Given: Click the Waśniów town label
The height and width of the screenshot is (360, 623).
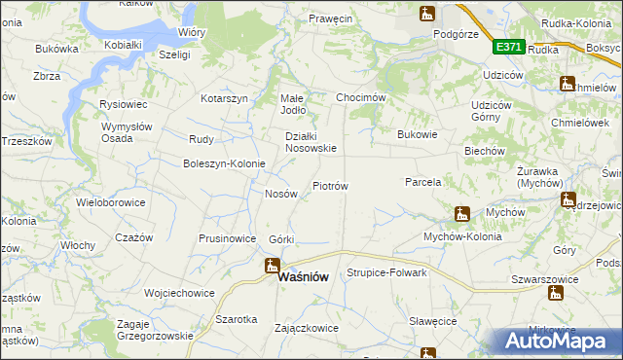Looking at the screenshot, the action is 303,276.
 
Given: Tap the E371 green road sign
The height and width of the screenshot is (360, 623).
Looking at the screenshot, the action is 509,46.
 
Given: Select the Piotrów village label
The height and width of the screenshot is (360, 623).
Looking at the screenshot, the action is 330,185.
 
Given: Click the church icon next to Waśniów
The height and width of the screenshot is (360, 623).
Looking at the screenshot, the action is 272,266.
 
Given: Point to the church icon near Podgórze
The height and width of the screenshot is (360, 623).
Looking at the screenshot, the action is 426,14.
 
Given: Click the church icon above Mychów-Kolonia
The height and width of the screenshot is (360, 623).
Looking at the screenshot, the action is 462,214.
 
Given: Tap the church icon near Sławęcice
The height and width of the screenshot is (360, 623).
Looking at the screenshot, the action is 427,353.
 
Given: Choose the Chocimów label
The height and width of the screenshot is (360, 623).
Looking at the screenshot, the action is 361,98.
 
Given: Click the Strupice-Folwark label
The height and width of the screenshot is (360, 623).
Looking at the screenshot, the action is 387,272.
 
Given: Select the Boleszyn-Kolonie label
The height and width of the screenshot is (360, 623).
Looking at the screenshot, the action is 224,163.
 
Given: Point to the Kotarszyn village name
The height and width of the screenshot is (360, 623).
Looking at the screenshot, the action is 226,99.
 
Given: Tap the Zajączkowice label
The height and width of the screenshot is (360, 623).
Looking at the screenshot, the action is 308,328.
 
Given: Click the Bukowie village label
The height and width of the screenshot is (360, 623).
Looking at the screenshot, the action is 418,134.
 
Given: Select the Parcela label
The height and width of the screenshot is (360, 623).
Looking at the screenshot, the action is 423,181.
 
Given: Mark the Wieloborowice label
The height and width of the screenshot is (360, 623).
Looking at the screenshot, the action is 111,203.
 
